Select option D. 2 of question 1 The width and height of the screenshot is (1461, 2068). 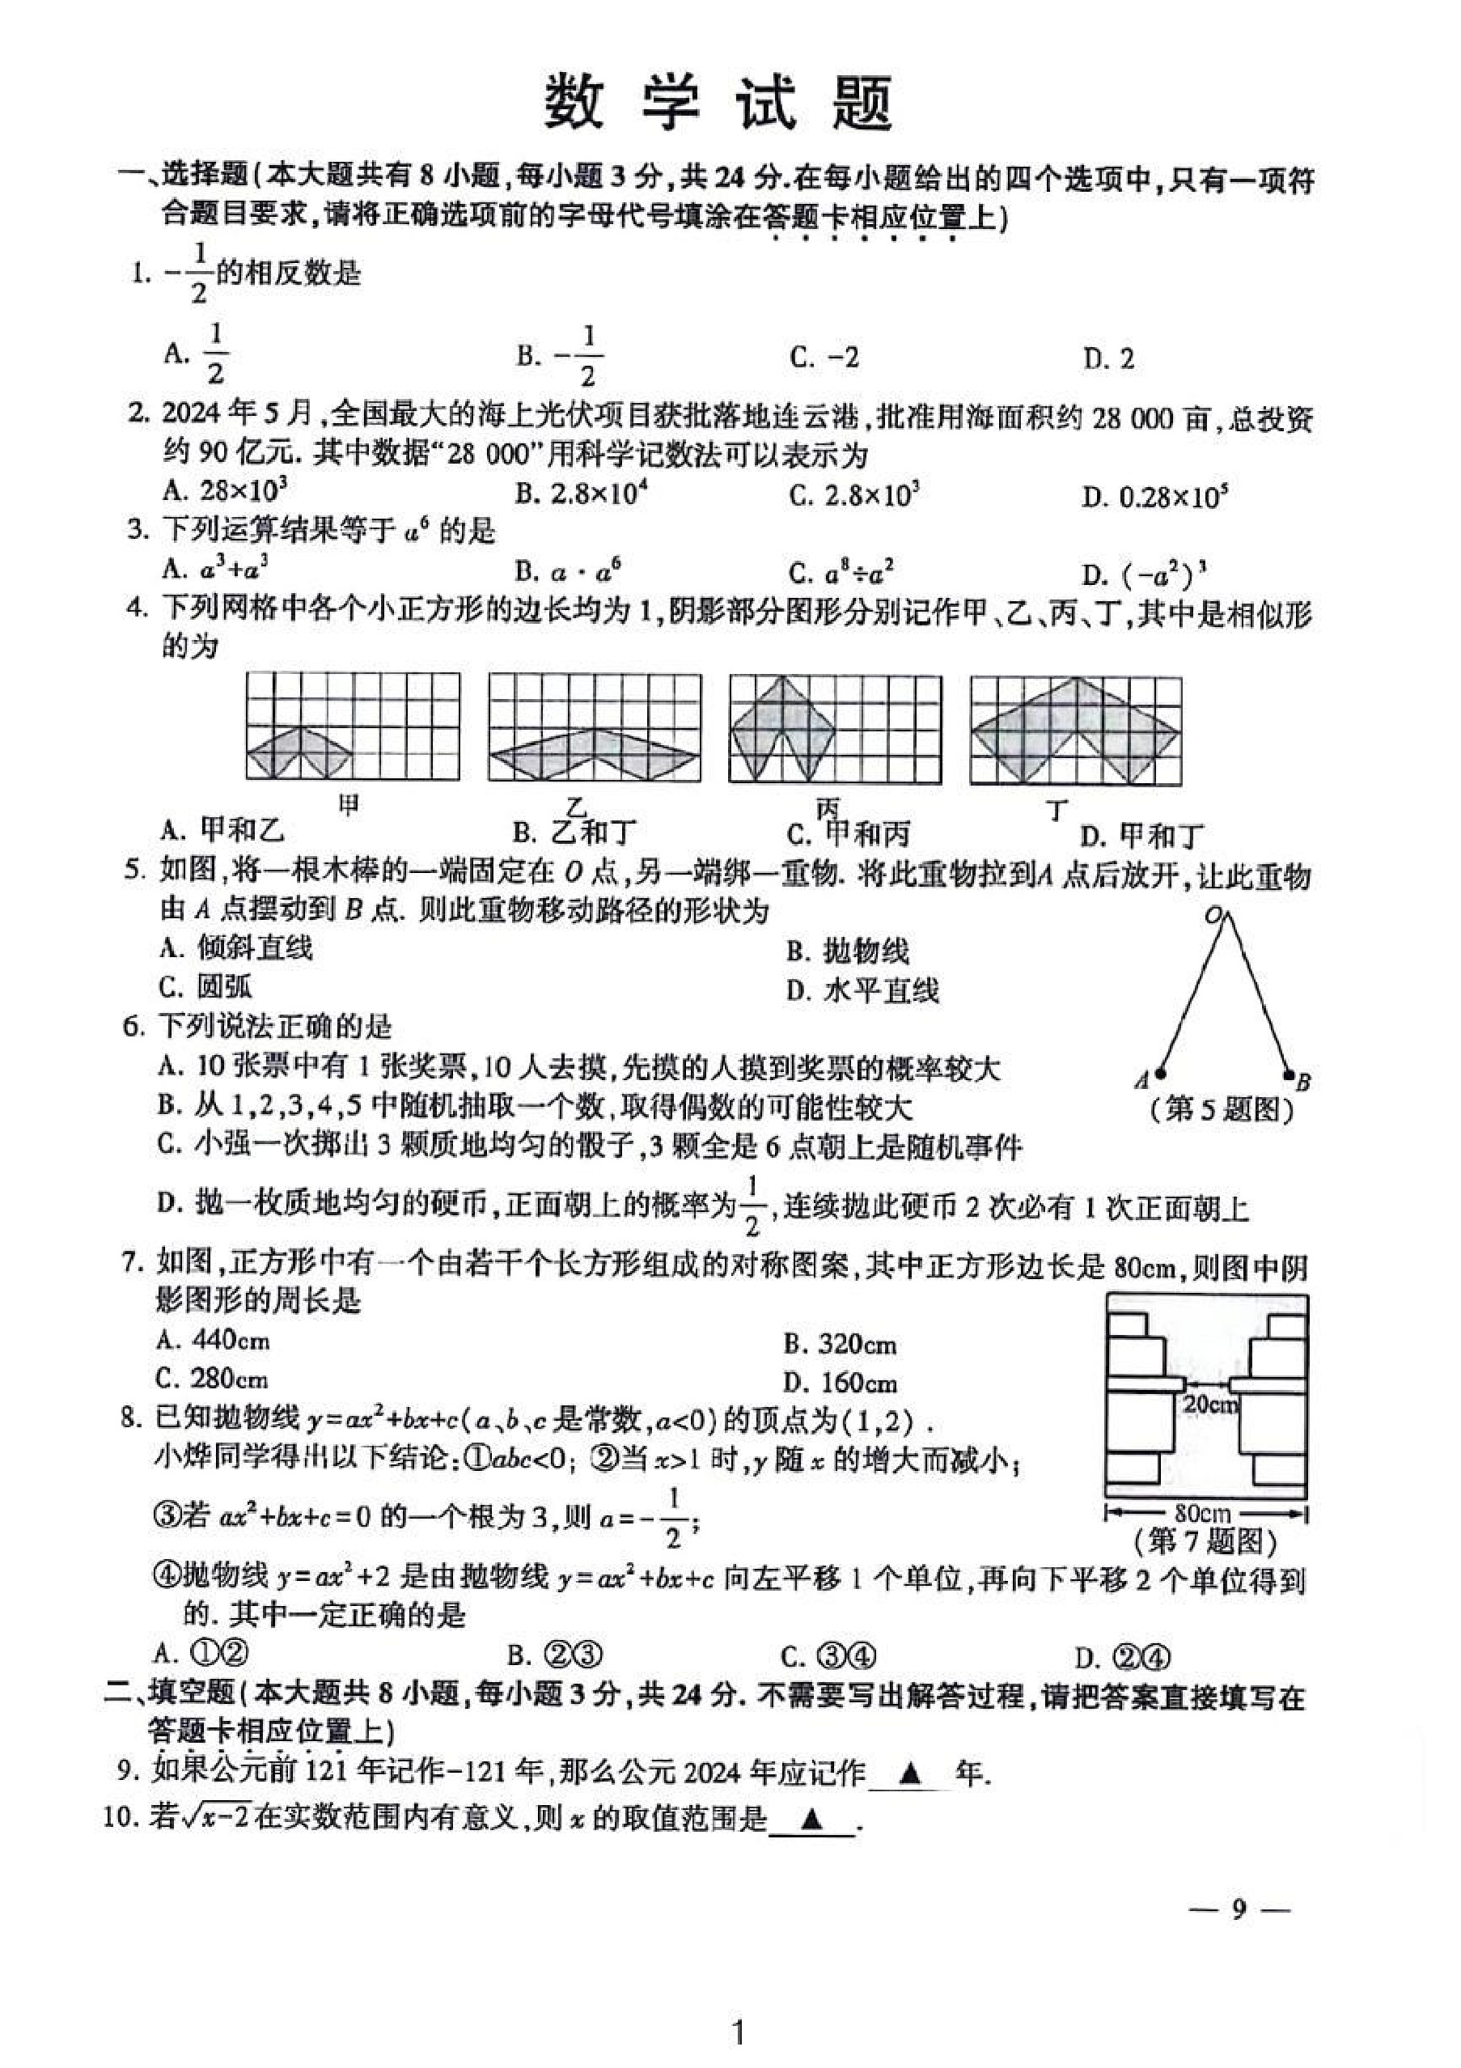[1108, 358]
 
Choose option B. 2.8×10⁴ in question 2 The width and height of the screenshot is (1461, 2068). [582, 494]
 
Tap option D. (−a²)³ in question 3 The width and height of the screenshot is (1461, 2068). [1144, 572]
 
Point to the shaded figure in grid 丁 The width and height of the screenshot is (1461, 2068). [1075, 731]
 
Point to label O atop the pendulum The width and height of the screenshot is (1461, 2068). [1213, 917]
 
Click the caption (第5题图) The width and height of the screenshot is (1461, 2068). [1222, 1110]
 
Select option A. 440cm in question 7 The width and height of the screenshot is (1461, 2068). [213, 1341]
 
